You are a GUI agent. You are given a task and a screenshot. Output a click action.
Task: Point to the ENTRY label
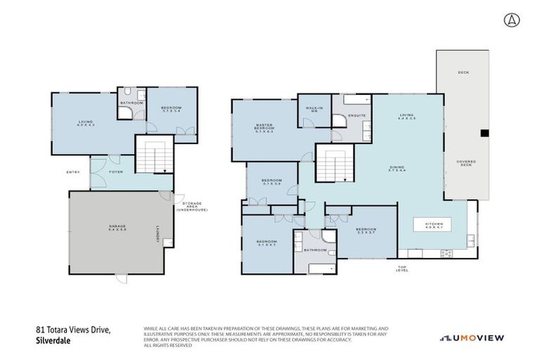pos(74,172)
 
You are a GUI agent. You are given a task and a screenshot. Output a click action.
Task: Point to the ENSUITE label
pos(356,116)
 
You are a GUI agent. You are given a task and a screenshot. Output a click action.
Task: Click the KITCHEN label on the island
pos(433,225)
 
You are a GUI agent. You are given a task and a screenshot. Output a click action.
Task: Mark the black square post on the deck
pos(484,133)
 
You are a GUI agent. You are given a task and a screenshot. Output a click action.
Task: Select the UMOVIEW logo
pos(472,337)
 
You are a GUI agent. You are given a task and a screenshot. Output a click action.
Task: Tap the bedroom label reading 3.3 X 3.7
pos(366,231)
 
